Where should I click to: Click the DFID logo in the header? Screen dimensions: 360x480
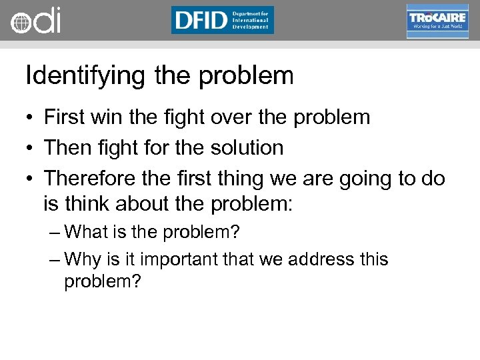[222, 20]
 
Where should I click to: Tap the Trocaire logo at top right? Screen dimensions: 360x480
[437, 21]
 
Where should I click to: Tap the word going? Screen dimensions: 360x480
[368, 179]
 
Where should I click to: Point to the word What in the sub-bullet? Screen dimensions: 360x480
[89, 233]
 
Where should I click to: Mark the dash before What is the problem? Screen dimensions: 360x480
[55, 233]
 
